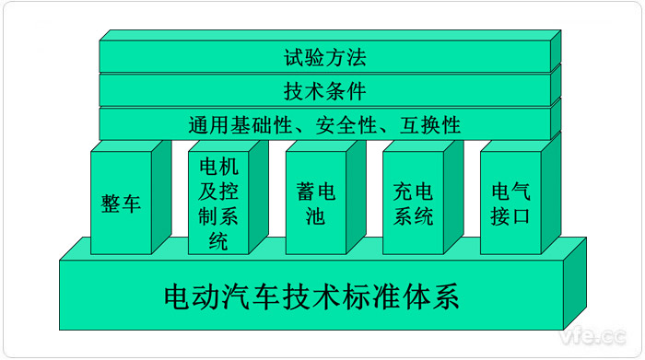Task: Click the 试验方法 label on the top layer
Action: tap(324, 58)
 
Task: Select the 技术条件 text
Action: tap(324, 91)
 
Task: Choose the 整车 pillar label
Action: tap(121, 203)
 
